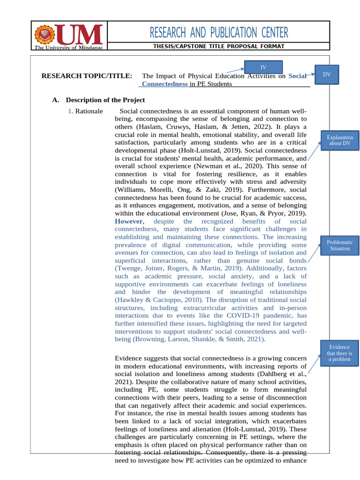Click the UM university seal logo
point(45,34)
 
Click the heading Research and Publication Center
point(219,33)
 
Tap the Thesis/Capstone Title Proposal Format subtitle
point(219,46)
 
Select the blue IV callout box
point(263,67)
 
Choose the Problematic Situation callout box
point(339,245)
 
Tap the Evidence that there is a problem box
point(339,353)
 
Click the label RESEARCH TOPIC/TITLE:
point(87,76)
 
